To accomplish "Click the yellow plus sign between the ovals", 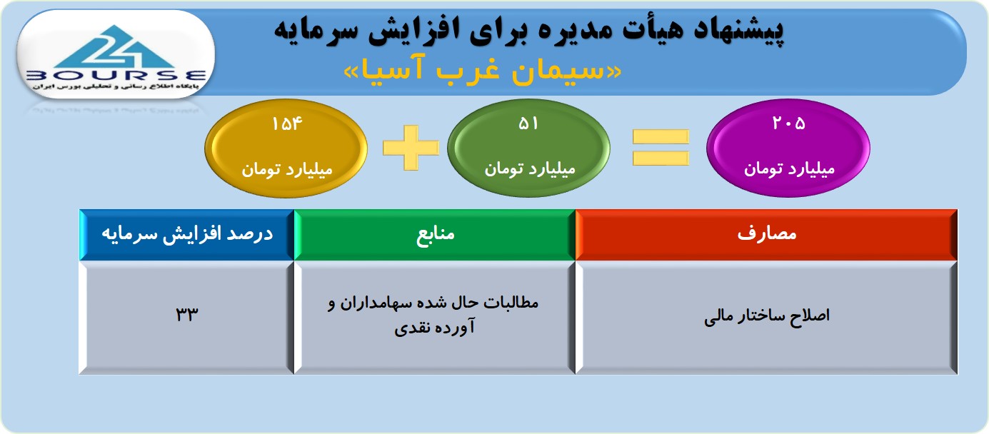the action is coord(411,148).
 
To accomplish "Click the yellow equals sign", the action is coord(661,148).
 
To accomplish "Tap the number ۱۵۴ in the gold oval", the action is coord(287,123).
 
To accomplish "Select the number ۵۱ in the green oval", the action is coord(528,123).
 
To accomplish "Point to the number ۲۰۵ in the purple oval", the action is coord(788,123).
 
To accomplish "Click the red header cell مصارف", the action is coord(766,234).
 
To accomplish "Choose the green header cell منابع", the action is coord(435,234).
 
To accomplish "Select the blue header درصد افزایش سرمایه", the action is coord(187,234).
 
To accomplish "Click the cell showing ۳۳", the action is coord(187,318).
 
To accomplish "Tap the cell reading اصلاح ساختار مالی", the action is coord(766,318).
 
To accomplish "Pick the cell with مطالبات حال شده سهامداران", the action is coord(435,318).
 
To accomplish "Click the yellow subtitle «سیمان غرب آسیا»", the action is coord(483,70).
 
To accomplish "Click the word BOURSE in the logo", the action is coord(116,76).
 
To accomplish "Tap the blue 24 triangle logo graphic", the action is coord(115,47).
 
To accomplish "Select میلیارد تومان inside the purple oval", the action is coord(789,168).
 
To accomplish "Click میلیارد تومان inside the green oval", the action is coord(529,168).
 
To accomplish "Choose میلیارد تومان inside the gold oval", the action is coord(287,170).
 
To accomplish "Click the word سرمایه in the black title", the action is coord(309,30).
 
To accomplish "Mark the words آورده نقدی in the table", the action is coord(434,328).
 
